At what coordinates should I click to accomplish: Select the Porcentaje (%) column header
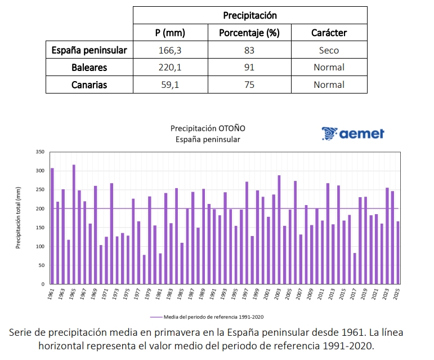[249, 33]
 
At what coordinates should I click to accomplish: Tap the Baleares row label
[89, 68]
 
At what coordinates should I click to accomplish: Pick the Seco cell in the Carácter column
[329, 50]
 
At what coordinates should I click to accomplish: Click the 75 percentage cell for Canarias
[249, 85]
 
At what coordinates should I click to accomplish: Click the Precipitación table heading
[249, 15]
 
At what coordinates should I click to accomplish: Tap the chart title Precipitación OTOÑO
[208, 128]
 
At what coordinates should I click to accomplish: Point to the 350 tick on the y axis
[39, 152]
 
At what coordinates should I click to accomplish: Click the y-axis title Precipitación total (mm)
[18, 218]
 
